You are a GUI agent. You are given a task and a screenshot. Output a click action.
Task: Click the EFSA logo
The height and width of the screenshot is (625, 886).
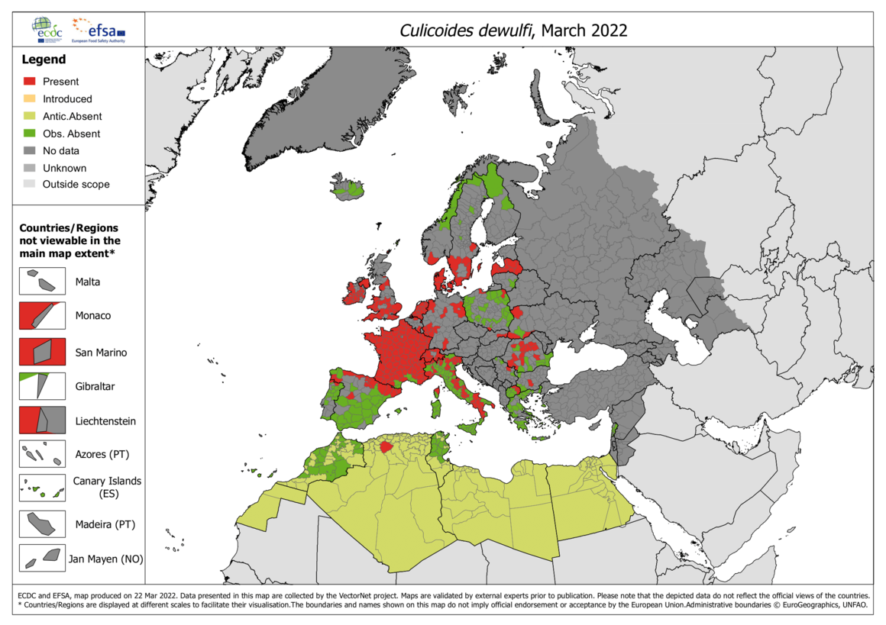coord(98,30)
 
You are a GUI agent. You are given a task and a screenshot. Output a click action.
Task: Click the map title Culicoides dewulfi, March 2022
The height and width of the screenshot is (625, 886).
coord(513,30)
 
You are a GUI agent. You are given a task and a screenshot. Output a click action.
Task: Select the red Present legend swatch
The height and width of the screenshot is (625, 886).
coord(30,82)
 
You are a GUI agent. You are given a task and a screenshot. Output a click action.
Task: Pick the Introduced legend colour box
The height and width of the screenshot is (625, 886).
coord(30,99)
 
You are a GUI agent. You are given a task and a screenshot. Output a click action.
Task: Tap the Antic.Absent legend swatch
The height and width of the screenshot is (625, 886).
coord(30,117)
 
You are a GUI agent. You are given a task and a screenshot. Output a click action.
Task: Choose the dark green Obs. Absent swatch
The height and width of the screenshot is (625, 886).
coord(30,134)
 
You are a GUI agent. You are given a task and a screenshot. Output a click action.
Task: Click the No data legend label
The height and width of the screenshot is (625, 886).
coord(60,151)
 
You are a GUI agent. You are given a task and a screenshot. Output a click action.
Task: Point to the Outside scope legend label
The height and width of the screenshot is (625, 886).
coord(76,185)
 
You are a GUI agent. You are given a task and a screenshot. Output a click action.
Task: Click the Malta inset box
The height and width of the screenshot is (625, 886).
coord(42,281)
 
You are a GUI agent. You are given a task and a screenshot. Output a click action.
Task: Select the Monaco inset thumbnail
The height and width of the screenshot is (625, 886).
coord(42,315)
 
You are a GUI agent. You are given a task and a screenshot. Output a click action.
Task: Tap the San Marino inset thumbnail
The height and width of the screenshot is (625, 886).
coord(42,352)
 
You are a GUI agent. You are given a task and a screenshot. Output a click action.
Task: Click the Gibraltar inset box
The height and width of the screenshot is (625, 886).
coord(42,386)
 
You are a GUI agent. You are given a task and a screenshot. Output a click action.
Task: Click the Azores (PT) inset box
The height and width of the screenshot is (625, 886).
coord(42,455)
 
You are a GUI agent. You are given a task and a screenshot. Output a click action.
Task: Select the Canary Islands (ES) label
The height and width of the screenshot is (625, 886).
coord(107,488)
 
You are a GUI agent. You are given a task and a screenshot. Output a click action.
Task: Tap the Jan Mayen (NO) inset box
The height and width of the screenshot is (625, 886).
coord(42,558)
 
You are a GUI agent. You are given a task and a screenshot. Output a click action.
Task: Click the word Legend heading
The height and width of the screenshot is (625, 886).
coord(44,60)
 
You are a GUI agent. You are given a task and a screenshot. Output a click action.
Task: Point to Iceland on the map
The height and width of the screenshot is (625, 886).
coord(348,188)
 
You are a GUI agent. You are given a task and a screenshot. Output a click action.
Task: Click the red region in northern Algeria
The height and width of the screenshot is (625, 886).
coord(386,447)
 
